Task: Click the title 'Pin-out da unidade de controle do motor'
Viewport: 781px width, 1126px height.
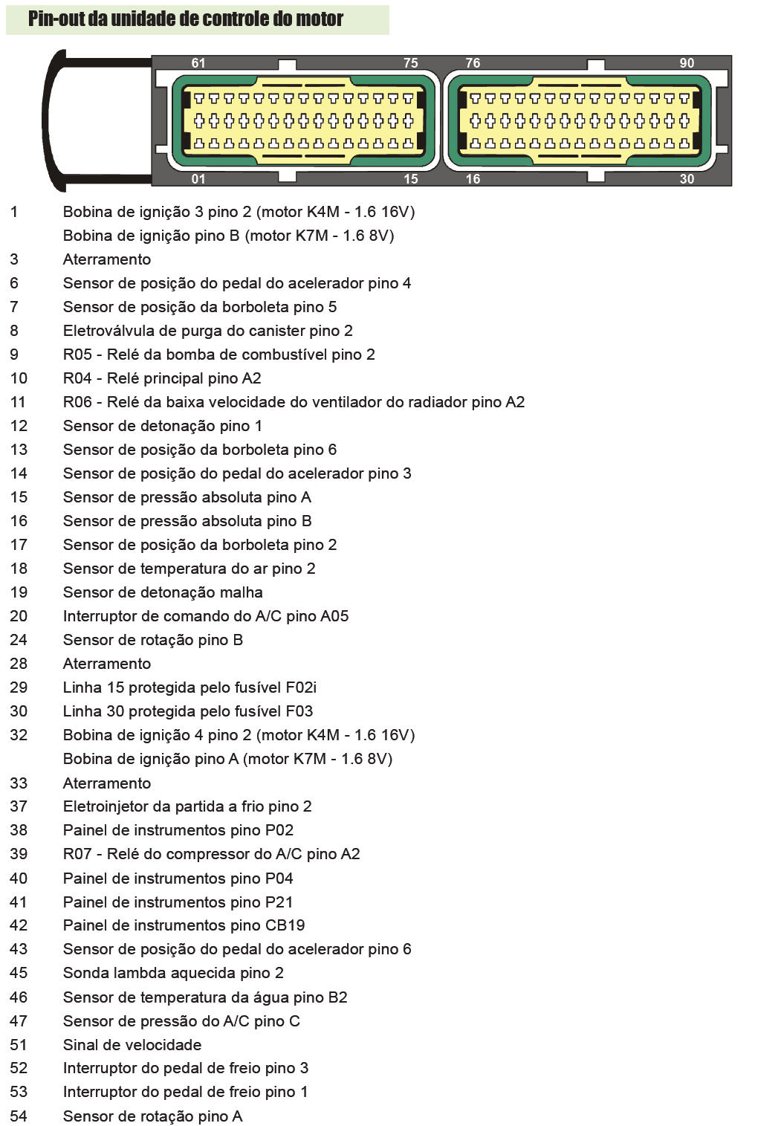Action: pos(186,19)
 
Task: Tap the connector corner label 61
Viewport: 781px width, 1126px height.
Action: pos(198,63)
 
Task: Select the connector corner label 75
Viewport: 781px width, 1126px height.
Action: pos(411,63)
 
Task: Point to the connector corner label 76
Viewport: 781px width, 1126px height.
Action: pos(473,63)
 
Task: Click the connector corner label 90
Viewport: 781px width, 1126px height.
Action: pos(687,63)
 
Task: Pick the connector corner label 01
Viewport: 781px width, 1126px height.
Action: pos(198,179)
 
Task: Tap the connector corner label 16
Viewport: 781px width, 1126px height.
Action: pos(473,179)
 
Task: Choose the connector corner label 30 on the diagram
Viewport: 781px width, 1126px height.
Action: pos(687,179)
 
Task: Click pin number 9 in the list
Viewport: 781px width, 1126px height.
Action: pos(14,355)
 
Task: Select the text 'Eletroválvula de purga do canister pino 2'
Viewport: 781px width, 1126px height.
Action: pos(208,331)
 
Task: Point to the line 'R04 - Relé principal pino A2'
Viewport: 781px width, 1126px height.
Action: pos(162,378)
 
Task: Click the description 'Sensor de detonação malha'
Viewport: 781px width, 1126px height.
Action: pos(163,592)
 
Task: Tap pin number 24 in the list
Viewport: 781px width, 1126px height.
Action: pos(19,640)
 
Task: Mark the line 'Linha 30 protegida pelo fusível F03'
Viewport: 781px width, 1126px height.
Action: pos(188,711)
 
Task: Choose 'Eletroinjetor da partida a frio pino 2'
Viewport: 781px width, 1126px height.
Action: pos(187,806)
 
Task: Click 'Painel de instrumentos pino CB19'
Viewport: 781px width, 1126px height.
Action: pos(184,925)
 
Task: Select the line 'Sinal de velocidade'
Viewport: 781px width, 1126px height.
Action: pos(132,1045)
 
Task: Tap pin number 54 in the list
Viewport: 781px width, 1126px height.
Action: pos(19,1116)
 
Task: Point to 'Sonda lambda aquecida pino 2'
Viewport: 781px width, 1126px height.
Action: pos(173,973)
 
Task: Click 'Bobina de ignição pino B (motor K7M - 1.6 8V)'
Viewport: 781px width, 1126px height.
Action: pos(228,236)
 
